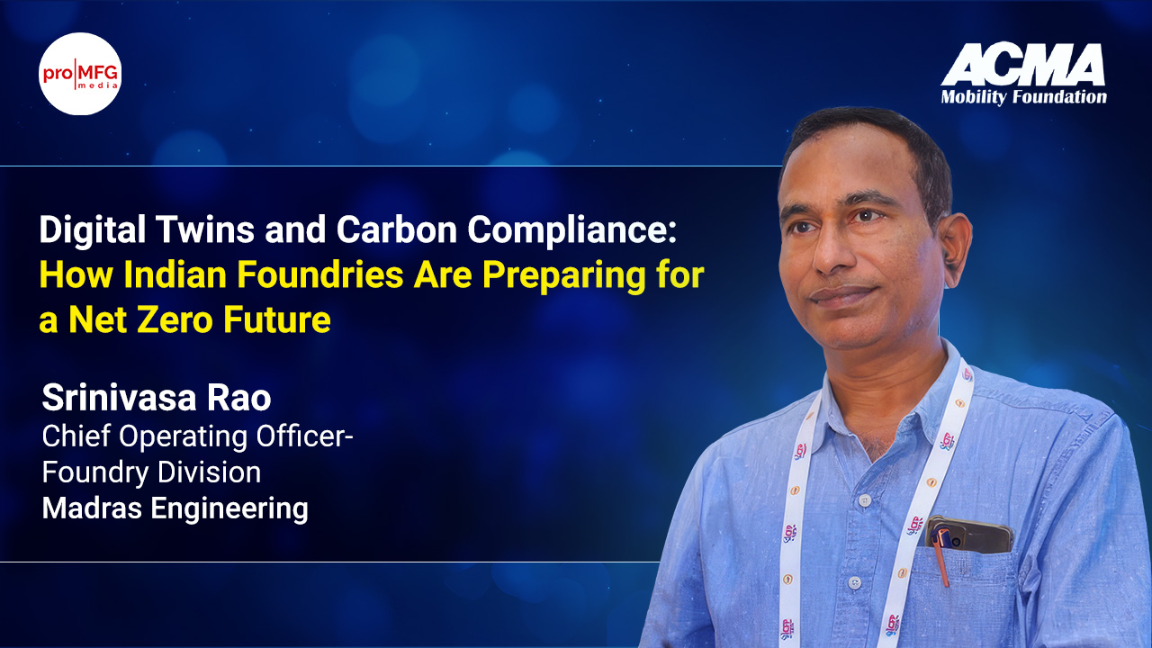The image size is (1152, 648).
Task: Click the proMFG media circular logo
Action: pos(80,74)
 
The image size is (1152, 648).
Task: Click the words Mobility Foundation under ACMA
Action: pos(1023,97)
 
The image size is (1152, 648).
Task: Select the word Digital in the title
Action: pos(92,229)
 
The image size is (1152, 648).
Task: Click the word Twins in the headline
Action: pos(204,229)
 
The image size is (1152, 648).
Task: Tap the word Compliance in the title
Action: pos(571,230)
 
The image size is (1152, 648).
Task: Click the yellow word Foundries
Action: pos(319,274)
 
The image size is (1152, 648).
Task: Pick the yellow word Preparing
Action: pos(563,275)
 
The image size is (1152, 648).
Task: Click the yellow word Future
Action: pos(276,319)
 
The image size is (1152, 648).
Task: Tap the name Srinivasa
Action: pos(119,398)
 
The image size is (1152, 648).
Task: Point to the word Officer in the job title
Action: pos(304,436)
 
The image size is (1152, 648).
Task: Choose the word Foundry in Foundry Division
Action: pos(94,473)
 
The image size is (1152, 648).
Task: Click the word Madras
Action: pos(92,508)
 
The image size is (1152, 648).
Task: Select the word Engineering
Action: pos(229,509)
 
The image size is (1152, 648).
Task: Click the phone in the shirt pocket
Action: pos(969,534)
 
